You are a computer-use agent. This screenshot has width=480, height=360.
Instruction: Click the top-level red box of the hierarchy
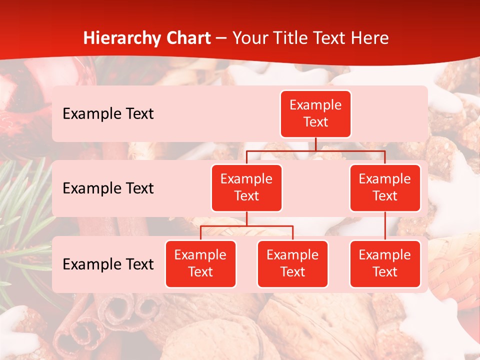(x=315, y=113)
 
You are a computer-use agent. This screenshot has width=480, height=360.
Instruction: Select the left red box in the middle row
(x=246, y=187)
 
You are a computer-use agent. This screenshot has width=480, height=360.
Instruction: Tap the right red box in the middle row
(x=385, y=187)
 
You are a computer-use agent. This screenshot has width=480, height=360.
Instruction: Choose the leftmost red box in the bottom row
(x=200, y=263)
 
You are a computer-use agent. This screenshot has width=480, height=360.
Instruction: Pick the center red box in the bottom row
(x=292, y=263)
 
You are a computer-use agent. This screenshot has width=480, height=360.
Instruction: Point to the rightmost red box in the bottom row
(x=385, y=263)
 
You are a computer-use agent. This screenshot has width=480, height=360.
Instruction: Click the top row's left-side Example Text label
(x=108, y=113)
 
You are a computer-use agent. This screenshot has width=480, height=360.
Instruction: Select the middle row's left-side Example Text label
(x=108, y=188)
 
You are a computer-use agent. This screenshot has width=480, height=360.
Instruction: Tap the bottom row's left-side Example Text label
(x=108, y=264)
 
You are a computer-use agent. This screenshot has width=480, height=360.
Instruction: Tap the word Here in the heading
(x=370, y=38)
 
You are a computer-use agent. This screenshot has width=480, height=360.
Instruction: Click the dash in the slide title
(x=222, y=38)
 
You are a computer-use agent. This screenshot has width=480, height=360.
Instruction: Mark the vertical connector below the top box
(x=315, y=144)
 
